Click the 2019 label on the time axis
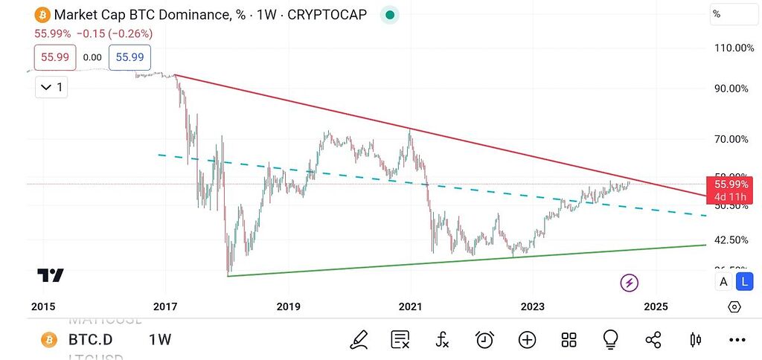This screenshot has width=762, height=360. point(288,306)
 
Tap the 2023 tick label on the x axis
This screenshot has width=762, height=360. point(533,306)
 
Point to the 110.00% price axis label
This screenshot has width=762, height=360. point(733,48)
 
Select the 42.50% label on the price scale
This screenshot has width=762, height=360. point(731,240)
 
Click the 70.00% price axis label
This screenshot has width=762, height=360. point(731,139)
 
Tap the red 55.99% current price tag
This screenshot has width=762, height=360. point(732,184)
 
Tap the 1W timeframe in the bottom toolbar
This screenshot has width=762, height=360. point(160,340)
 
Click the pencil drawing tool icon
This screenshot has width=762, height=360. point(359,340)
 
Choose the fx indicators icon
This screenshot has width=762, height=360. point(442,340)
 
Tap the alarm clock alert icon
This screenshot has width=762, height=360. point(484,340)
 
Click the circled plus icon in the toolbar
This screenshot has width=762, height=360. point(527,340)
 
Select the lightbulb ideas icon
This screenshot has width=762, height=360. point(611,340)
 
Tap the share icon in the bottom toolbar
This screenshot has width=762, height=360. point(653,340)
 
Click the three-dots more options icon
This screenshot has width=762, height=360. point(737,340)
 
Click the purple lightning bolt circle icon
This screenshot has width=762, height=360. point(630,282)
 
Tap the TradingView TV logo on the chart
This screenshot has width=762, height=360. point(51,275)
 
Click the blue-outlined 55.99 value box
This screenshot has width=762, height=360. point(130,57)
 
